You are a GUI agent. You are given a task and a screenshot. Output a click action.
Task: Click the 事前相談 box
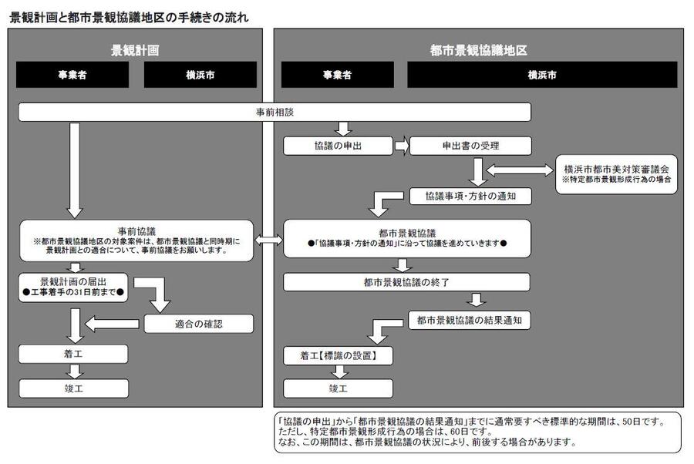point(275,113)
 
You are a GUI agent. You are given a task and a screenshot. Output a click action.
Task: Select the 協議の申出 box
point(338,145)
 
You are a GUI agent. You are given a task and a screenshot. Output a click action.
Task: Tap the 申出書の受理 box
point(459,145)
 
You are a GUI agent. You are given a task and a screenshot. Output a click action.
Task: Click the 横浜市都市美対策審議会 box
point(616,173)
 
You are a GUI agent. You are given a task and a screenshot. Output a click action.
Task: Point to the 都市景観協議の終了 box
point(406,281)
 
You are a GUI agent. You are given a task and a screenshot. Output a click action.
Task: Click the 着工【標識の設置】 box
point(338,356)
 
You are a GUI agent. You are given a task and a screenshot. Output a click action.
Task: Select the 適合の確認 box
point(198,324)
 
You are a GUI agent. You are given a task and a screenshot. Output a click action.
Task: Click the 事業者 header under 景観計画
point(73,75)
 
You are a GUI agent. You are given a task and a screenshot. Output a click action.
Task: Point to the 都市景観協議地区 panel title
point(478,50)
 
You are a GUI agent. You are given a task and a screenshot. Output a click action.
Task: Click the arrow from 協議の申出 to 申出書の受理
point(401,145)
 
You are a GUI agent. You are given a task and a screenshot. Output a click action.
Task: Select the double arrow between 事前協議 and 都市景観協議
point(268,240)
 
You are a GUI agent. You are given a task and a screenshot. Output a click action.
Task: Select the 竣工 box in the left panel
point(73,388)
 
